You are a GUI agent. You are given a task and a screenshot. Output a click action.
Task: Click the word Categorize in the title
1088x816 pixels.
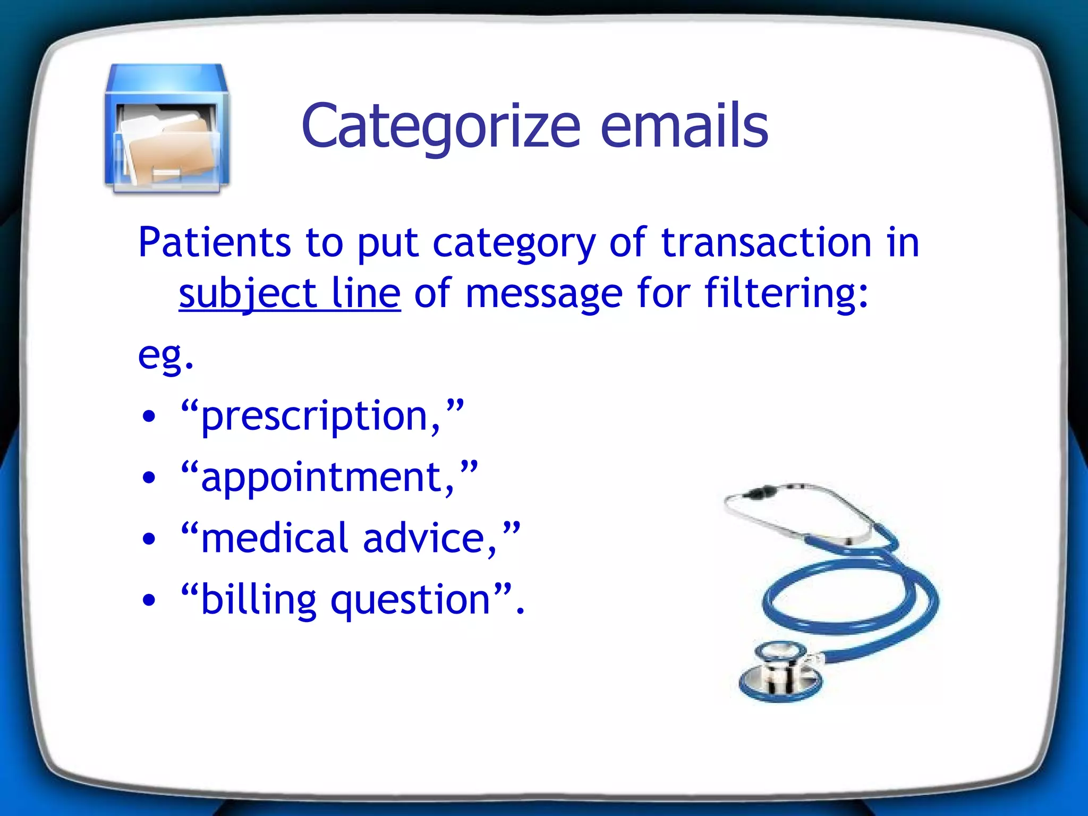[x=441, y=126]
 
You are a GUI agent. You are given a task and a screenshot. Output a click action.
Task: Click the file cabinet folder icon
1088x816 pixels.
[x=167, y=129]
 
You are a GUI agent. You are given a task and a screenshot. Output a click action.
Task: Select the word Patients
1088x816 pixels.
[x=214, y=242]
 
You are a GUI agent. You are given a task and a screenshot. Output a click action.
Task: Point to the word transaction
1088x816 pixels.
[x=766, y=242]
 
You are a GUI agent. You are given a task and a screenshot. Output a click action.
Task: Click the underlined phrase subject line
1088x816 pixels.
[x=290, y=293]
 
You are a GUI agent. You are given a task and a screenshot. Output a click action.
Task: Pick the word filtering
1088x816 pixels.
[x=786, y=293]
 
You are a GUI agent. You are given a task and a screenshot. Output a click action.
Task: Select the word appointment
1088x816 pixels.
[x=327, y=477]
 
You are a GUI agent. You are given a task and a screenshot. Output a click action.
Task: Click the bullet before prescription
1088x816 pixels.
[x=150, y=416]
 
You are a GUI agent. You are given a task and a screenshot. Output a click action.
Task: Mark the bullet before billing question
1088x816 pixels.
[x=150, y=600]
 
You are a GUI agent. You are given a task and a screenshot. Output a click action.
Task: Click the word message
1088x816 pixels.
[x=543, y=294]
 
